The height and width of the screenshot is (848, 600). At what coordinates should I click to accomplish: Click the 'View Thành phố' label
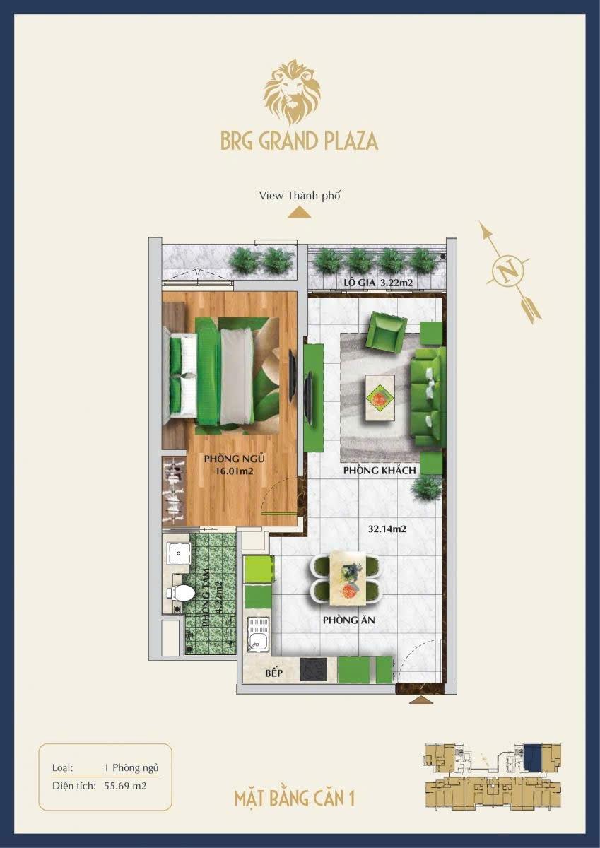click(300, 196)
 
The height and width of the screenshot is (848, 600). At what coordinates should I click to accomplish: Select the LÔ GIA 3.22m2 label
click(378, 283)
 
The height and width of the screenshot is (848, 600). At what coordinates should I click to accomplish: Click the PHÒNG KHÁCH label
click(380, 471)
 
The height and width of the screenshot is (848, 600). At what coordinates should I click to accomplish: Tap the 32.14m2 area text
click(387, 529)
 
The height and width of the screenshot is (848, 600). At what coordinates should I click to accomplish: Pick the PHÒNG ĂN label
click(348, 620)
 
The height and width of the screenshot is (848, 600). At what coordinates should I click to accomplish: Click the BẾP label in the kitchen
click(273, 673)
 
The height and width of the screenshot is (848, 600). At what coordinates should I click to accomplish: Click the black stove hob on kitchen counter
click(313, 669)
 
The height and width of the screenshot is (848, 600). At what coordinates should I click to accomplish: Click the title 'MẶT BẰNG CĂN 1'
click(295, 799)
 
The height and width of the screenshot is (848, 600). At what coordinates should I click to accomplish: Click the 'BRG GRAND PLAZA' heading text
click(300, 141)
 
